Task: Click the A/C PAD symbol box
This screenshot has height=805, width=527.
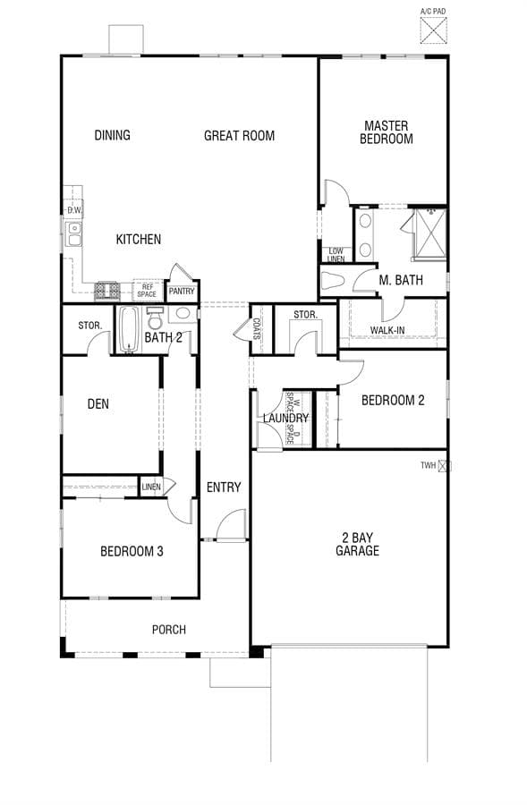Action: [434, 30]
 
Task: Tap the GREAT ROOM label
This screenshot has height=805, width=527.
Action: [240, 136]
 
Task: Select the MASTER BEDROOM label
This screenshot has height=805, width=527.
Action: [387, 132]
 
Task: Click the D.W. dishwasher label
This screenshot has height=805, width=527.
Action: [74, 210]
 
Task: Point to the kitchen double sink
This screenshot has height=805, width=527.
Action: [74, 233]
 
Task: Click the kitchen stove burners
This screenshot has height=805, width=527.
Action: [107, 291]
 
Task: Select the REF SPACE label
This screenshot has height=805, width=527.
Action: [147, 291]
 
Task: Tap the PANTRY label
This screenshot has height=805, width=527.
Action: [182, 291]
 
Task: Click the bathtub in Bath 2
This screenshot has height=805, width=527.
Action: [129, 329]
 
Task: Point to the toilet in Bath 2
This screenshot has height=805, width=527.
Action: [155, 318]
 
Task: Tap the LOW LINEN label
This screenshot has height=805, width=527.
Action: [336, 255]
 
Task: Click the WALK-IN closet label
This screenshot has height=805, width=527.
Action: [387, 330]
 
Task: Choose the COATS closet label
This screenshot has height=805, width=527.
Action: [256, 329]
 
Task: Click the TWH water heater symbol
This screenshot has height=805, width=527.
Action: [445, 466]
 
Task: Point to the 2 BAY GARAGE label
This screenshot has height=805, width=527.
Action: [358, 544]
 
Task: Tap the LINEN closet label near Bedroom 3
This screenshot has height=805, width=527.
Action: [151, 487]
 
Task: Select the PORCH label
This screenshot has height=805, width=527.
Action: [169, 630]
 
